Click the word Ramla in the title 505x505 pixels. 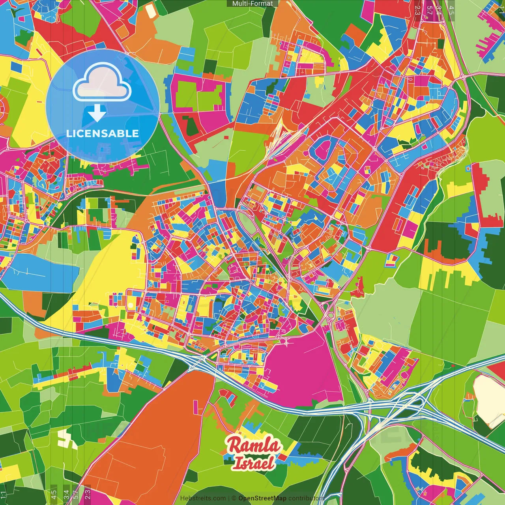[x=254, y=445]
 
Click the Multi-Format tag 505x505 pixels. [x=252, y=4]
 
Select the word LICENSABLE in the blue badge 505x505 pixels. [x=103, y=133]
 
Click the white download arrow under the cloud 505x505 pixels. [x=97, y=113]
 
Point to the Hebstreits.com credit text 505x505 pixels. [x=203, y=498]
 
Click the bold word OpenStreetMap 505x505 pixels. [x=262, y=498]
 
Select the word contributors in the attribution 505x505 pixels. [x=307, y=498]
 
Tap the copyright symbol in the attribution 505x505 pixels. [x=234, y=498]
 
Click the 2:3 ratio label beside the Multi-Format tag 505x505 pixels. [x=417, y=10]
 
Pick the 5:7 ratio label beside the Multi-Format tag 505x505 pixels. [x=429, y=10]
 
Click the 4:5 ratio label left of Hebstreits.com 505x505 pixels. [x=54, y=493]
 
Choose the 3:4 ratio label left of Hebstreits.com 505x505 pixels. [x=66, y=493]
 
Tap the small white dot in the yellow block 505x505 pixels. [x=131, y=305]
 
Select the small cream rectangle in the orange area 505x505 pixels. [x=151, y=11]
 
